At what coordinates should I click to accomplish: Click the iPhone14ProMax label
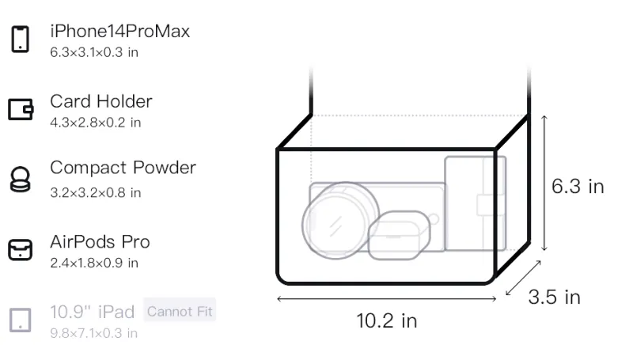click(x=120, y=32)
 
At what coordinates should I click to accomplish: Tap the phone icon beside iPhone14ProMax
click(x=21, y=39)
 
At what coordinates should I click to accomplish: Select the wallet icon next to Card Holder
click(x=21, y=109)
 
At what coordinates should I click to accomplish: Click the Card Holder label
click(x=101, y=101)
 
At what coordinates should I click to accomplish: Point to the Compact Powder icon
click(x=21, y=179)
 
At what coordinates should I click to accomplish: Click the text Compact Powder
click(x=123, y=168)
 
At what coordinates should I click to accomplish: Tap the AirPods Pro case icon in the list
click(x=21, y=250)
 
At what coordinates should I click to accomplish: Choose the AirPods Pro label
click(x=100, y=242)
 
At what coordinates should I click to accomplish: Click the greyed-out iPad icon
click(x=21, y=320)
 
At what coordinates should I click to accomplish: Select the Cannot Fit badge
click(x=180, y=311)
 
